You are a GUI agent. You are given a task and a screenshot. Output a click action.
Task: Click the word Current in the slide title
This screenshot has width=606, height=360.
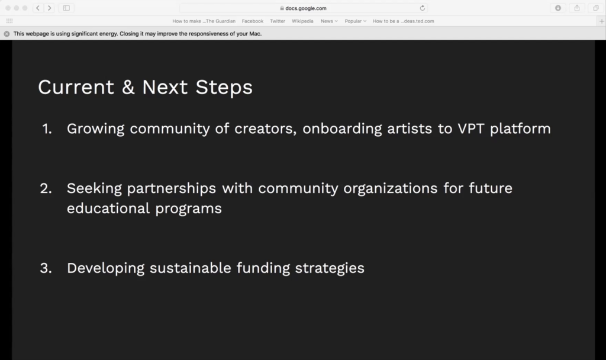click(76, 87)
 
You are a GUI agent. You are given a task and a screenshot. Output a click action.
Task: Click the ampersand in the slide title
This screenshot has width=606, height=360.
click(128, 87)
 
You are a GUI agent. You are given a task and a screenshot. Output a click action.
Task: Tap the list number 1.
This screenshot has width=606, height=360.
click(47, 128)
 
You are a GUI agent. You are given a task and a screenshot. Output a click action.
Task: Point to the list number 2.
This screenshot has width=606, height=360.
click(46, 188)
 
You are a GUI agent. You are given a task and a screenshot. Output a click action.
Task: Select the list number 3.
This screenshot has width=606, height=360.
click(46, 268)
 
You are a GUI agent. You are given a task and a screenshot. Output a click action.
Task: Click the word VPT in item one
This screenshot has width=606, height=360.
click(470, 128)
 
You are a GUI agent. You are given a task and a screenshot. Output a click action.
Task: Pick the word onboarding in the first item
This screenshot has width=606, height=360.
click(342, 128)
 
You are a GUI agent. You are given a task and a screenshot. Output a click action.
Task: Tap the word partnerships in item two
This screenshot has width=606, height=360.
click(171, 189)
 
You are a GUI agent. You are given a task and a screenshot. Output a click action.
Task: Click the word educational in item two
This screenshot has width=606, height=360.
click(108, 208)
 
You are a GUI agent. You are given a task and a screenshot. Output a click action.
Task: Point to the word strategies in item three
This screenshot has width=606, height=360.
click(330, 268)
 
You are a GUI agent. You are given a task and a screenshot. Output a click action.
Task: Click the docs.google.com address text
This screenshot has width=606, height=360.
click(306, 8)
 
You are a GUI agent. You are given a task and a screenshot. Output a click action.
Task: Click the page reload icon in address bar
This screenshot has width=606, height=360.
click(423, 8)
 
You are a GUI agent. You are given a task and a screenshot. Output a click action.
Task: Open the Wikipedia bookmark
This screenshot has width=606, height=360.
click(302, 21)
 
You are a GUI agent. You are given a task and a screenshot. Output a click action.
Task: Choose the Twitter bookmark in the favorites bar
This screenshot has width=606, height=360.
click(278, 21)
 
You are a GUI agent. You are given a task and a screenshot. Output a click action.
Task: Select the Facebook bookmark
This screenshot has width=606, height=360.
click(252, 21)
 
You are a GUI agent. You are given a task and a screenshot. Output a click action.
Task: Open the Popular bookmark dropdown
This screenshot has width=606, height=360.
click(356, 21)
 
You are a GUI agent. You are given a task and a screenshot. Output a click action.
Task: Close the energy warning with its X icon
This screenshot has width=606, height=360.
click(7, 34)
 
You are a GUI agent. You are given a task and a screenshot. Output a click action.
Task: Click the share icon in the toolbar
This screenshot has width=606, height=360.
click(577, 8)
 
